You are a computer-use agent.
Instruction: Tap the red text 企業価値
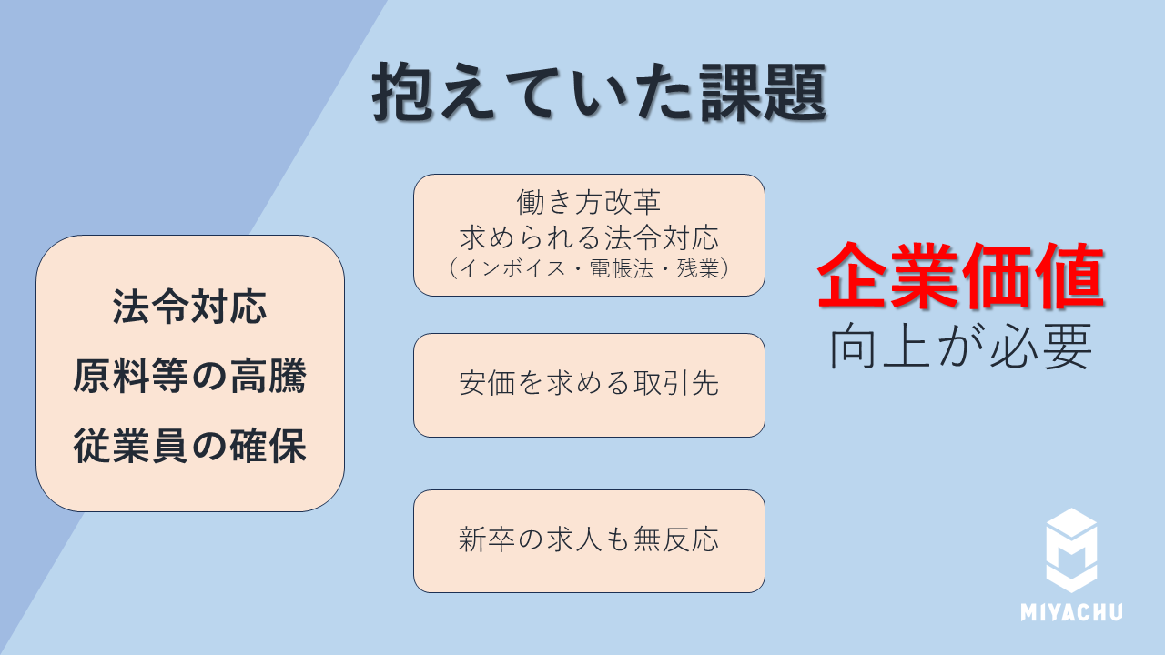(x=960, y=276)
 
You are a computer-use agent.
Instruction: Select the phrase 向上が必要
(x=960, y=347)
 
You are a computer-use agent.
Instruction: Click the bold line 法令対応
(x=189, y=307)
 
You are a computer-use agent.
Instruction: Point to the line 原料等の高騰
(x=189, y=376)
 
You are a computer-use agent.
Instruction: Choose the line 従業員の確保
(x=189, y=447)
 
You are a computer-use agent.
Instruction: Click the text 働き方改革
(x=589, y=202)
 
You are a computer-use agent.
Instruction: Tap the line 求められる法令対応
(x=589, y=237)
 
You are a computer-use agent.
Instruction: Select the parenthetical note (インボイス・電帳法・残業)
(x=589, y=269)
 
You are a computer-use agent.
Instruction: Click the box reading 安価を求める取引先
(x=589, y=385)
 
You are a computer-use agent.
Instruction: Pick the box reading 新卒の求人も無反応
(x=589, y=540)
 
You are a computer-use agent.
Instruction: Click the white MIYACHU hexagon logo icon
(x=1071, y=549)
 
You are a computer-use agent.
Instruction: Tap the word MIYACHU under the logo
(x=1071, y=612)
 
